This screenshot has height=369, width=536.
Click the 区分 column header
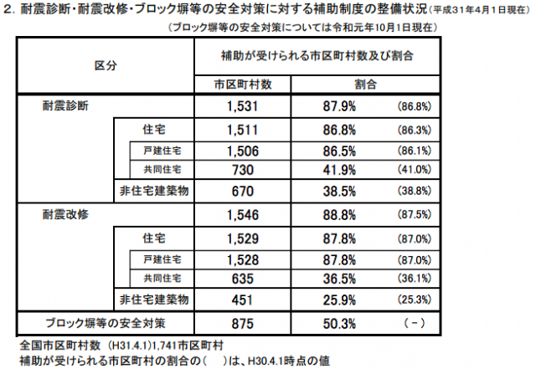point(105,65)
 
